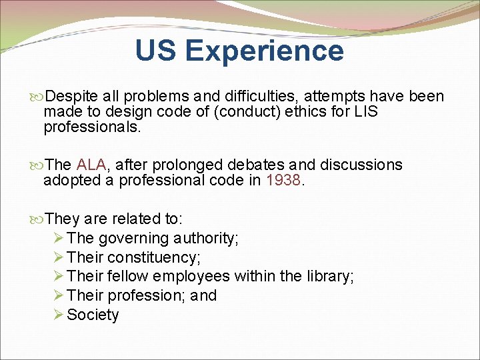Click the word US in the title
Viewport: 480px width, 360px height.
pos(156,51)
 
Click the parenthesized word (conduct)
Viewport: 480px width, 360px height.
pos(241,112)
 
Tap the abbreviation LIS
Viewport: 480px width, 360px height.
pos(365,112)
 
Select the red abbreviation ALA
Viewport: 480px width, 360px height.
pos(91,165)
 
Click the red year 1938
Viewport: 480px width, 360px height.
pos(283,180)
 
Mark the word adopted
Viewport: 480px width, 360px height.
pos(71,180)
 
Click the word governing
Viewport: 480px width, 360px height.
pos(131,238)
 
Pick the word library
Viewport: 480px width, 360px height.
pos(328,277)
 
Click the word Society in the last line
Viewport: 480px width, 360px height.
pos(93,315)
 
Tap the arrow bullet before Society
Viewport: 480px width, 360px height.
pos(58,315)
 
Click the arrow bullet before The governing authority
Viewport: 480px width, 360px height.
pos(58,238)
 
